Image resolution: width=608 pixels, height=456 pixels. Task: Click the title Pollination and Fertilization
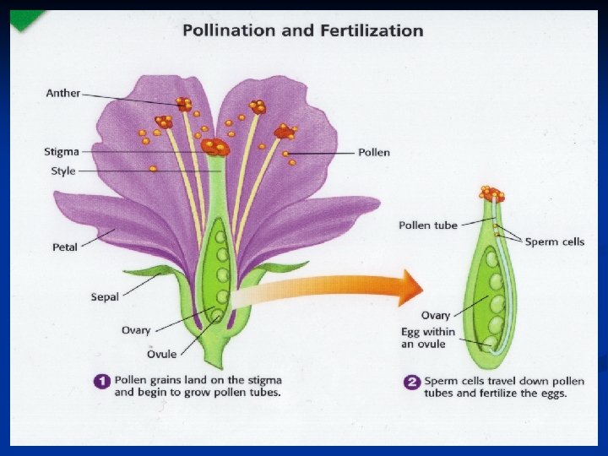coord(303,30)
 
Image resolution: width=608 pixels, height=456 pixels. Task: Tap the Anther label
coord(62,93)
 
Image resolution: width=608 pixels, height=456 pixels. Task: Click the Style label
coord(63,171)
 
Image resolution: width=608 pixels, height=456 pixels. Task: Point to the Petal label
coord(65,247)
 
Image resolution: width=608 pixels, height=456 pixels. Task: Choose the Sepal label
coord(105,296)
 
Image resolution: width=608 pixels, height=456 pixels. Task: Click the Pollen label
coord(374,153)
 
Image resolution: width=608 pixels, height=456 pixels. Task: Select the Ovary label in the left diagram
coord(136,330)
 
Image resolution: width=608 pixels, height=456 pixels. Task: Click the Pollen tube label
coord(427,225)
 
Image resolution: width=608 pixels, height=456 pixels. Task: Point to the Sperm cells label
coord(554,242)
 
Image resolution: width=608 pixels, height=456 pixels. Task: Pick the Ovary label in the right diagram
coord(436,316)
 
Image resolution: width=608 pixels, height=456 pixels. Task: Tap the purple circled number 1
coord(102,382)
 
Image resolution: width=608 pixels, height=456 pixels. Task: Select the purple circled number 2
coord(412,382)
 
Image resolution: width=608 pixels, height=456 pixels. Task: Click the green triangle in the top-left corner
coord(26,19)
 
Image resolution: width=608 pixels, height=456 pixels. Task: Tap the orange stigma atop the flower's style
coord(215,146)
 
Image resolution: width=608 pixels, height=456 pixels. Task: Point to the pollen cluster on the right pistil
coord(491,194)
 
